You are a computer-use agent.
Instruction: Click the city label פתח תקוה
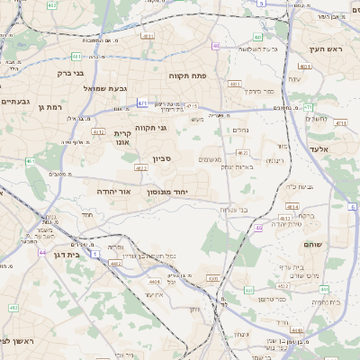click(188, 76)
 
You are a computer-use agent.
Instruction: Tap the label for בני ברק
click(70, 73)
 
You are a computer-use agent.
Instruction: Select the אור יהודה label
click(113, 192)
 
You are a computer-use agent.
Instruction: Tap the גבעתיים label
click(16, 102)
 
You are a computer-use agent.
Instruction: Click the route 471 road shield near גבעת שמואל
click(142, 103)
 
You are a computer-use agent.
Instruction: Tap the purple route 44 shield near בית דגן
click(42, 252)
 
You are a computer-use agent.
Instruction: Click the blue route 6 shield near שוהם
click(351, 206)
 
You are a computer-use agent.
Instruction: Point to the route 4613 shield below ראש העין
click(307, 67)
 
